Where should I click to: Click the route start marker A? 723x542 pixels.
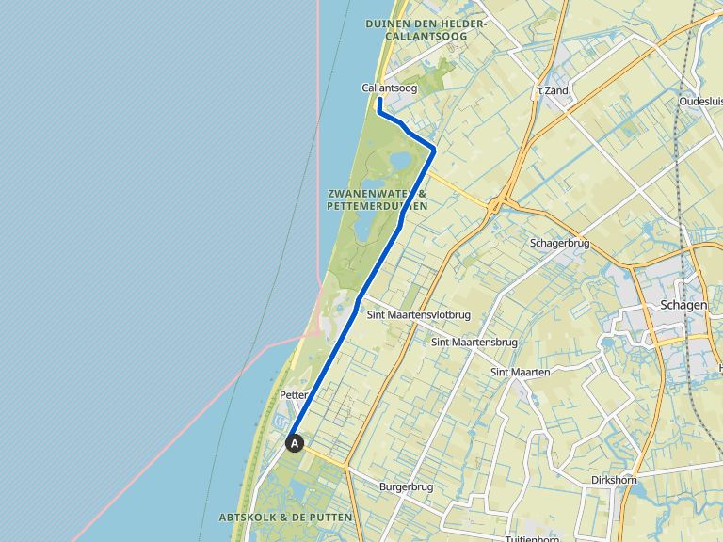tap(295, 442)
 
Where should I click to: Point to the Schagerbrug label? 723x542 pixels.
tap(559, 242)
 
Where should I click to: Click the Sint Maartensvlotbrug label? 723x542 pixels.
tap(418, 315)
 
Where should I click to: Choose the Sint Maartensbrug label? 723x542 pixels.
tap(474, 342)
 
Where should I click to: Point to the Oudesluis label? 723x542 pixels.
tap(701, 101)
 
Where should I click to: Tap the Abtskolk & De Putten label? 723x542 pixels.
tap(285, 518)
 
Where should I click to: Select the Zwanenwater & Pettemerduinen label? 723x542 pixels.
tap(378, 199)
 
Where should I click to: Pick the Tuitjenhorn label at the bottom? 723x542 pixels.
tap(533, 538)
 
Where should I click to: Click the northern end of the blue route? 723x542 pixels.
tap(378, 99)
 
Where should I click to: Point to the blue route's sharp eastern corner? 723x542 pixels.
tap(435, 149)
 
